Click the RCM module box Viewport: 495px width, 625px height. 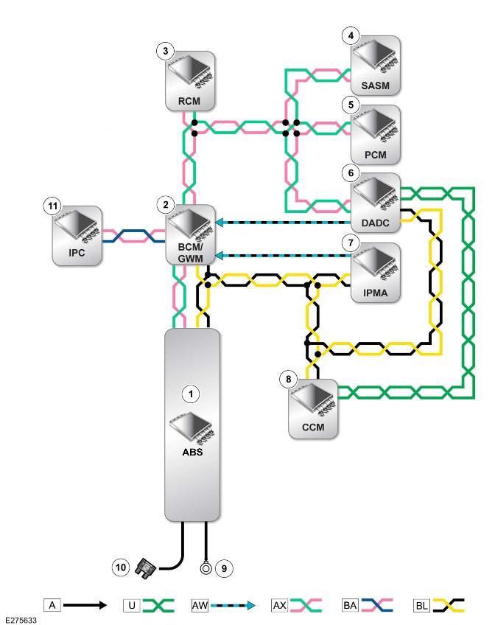(190, 81)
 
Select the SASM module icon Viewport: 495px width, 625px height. (375, 66)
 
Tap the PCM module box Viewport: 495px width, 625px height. (375, 134)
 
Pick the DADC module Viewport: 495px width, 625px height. (375, 203)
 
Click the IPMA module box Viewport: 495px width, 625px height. (375, 273)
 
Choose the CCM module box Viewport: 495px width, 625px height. (313, 409)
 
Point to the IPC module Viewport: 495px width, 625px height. (77, 236)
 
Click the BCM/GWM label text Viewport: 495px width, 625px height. (190, 253)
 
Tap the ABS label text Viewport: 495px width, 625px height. (192, 452)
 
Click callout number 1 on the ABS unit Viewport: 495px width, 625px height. (191, 394)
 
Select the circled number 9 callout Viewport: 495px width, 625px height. (224, 568)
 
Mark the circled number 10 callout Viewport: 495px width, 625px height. (121, 568)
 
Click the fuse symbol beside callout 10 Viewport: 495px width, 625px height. (145, 568)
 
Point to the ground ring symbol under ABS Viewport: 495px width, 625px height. (206, 568)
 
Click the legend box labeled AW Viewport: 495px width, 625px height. (200, 606)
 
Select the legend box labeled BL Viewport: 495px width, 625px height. (421, 606)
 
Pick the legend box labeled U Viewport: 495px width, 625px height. (132, 606)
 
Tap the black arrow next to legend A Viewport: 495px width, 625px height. (85, 606)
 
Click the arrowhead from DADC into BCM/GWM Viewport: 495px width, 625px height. (219, 223)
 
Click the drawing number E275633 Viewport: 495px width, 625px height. (21, 621)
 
